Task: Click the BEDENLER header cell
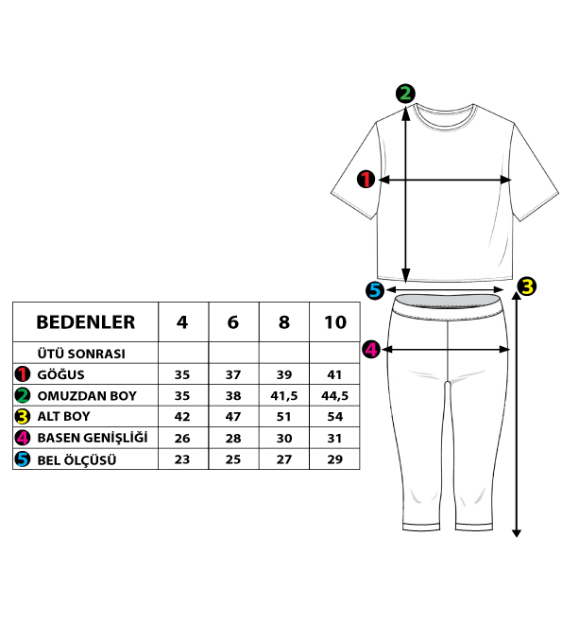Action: [85, 322]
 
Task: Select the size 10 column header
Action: [335, 322]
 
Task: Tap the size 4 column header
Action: [182, 322]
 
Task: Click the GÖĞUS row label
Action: [60, 374]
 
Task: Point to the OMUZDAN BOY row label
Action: [87, 396]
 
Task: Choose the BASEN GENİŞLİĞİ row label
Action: [93, 438]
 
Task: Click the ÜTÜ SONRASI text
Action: [81, 354]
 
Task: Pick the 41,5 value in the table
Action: [284, 396]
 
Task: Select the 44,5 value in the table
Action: [334, 396]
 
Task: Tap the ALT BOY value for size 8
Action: [284, 417]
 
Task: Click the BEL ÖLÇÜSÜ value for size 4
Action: [182, 459]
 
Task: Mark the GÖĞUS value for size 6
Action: [233, 374]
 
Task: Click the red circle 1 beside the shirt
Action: [366, 179]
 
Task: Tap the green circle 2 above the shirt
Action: [405, 94]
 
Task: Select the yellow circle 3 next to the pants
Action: [527, 286]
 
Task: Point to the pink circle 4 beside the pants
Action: [371, 350]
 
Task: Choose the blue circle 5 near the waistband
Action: [375, 290]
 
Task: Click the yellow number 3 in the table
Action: [22, 417]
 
